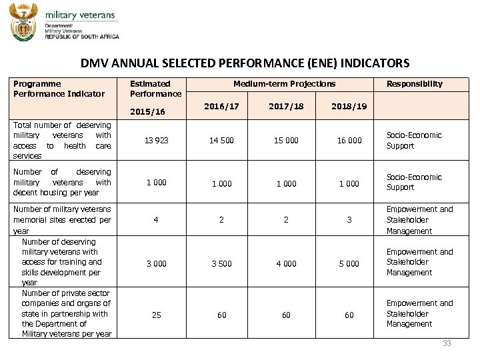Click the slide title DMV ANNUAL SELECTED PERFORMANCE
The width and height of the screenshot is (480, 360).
pos(245,63)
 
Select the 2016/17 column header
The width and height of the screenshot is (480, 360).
pos(222,105)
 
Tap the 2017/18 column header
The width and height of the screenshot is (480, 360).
pos(286,105)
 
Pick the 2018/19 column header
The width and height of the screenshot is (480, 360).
pos(349,105)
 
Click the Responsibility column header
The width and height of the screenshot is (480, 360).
pos(414,84)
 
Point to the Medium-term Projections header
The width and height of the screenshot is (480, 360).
pos(285,84)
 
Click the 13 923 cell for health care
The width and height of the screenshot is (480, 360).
pos(157,141)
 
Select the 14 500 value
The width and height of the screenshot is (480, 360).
pos(221,141)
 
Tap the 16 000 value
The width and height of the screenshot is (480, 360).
pos(349,141)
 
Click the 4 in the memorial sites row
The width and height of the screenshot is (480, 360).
pos(156,220)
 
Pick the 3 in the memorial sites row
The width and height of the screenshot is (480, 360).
pos(349,220)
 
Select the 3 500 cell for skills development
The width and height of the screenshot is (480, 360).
pos(221,264)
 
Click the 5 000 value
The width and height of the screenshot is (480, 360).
pos(349,264)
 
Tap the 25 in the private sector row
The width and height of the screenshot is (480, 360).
pos(156,315)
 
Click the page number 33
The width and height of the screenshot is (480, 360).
pos(447,343)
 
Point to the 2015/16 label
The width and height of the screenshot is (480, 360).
pos(147,112)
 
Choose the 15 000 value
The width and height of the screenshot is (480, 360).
pos(286,141)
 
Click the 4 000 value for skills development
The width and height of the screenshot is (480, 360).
pos(286,264)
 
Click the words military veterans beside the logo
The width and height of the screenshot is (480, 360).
pos(80,15)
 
